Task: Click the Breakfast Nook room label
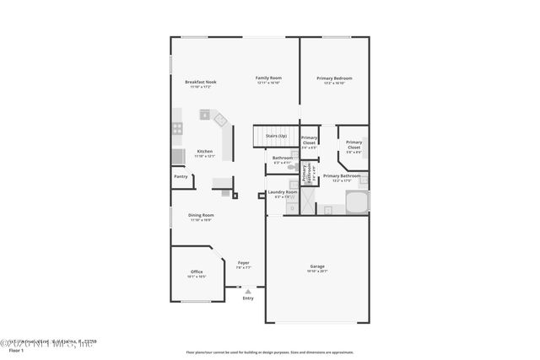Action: click(201, 82)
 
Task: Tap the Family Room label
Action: click(268, 78)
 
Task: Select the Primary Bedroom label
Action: click(334, 78)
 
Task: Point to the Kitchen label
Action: click(204, 152)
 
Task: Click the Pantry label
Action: click(181, 176)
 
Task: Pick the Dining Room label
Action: click(201, 215)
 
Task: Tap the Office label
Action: click(196, 271)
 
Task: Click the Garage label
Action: click(317, 266)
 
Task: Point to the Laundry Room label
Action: click(283, 192)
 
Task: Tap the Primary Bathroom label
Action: click(341, 176)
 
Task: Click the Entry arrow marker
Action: click(247, 291)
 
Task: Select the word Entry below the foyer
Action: click(247, 298)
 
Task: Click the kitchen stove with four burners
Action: click(177, 129)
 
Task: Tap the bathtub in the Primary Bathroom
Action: click(357, 203)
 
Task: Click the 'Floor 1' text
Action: click(16, 350)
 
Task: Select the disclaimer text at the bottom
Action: click(269, 352)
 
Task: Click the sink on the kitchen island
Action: click(205, 114)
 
